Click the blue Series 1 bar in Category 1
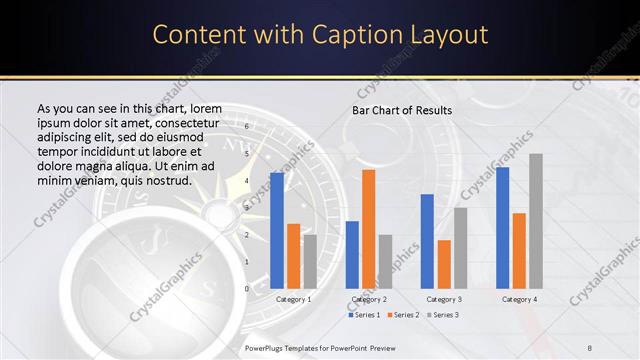tap(277, 230)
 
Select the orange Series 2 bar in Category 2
tap(368, 228)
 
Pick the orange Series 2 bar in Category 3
tap(444, 263)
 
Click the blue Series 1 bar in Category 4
tap(502, 227)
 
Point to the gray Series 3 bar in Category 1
tap(310, 261)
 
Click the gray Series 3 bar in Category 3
tap(460, 247)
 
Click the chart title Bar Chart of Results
tap(402, 110)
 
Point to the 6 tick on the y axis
tap(247, 127)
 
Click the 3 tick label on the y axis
tap(247, 208)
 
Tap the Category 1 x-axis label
tap(293, 299)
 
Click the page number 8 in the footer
tap(590, 346)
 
